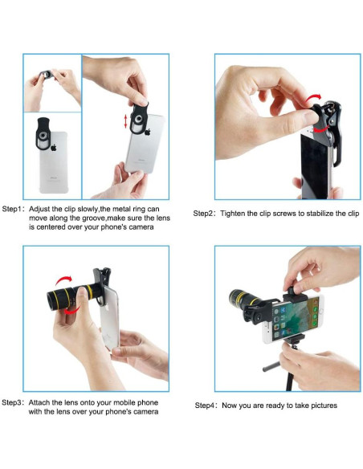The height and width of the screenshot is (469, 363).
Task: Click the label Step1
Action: pos(12,209)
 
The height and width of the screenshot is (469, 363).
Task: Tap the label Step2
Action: pos(203,214)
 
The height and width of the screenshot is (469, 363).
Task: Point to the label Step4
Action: pos(205,406)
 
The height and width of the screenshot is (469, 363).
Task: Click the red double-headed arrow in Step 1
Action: pos(125,121)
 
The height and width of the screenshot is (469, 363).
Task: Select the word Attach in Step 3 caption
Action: pos(39,402)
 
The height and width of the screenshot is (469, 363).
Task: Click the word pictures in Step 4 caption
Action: pos(324,406)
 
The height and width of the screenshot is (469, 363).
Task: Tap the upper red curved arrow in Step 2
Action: pos(314,98)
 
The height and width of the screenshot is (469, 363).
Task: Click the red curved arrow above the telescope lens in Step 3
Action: pos(63,280)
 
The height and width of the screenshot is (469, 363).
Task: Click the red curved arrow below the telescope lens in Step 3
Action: pos(72,311)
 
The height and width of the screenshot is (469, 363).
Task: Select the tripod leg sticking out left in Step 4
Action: pos(271,366)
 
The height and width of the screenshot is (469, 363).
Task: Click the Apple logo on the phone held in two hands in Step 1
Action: pos(148,132)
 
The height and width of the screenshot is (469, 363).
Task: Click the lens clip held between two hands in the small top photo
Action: pos(47,74)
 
